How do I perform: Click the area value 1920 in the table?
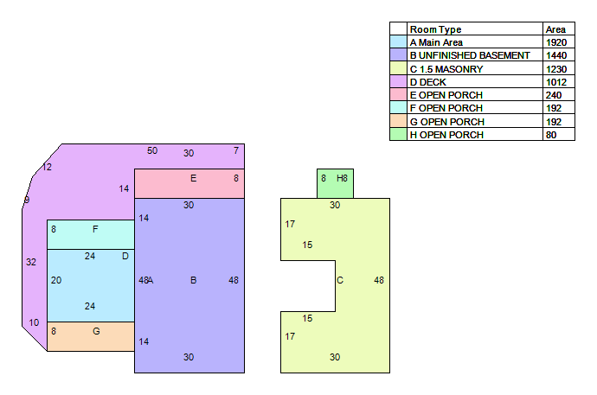click(x=556, y=42)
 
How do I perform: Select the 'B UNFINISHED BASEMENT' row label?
click(x=470, y=55)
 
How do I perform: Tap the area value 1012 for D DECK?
click(x=556, y=82)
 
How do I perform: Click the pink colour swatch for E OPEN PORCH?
click(x=398, y=94)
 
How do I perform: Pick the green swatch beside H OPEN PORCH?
click(x=398, y=134)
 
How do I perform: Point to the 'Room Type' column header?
click(x=435, y=29)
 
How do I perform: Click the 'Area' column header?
click(x=555, y=29)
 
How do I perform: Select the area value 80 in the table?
click(x=551, y=135)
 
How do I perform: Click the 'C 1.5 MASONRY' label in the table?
click(x=446, y=69)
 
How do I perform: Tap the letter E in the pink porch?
click(x=194, y=178)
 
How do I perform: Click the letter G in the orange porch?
click(x=96, y=331)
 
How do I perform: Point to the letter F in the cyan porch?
click(x=95, y=229)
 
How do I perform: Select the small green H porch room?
click(x=335, y=183)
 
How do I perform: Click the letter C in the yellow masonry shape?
click(x=340, y=280)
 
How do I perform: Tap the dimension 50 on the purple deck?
click(x=152, y=150)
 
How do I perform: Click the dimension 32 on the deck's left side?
click(x=31, y=262)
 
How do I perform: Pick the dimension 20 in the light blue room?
click(x=56, y=280)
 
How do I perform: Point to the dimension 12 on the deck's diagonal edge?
click(x=47, y=167)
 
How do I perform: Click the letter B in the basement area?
click(x=194, y=280)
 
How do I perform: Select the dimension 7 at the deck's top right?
click(x=236, y=150)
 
